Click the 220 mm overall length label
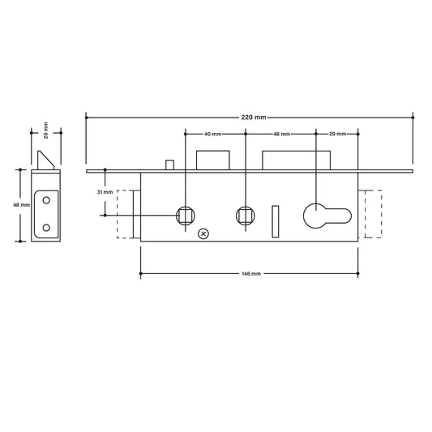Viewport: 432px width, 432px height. click(254, 118)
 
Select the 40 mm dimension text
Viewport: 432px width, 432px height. click(213, 133)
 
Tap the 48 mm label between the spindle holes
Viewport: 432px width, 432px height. click(281, 133)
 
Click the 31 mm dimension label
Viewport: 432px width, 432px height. click(104, 192)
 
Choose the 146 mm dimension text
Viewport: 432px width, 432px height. click(250, 275)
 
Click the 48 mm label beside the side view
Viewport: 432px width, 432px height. click(22, 206)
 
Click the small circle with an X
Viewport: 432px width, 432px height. click(203, 234)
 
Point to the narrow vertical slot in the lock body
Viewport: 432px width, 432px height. click(275, 219)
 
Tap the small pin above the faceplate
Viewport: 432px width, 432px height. click(169, 165)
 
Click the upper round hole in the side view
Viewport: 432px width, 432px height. click(45, 198)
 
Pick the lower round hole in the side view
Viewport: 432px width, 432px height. click(45, 226)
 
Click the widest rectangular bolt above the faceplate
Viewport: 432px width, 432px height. click(296, 159)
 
